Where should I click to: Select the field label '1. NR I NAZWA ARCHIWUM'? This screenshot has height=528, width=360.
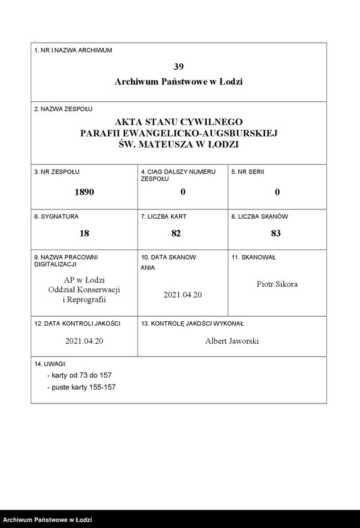pyautogui.click(x=73, y=50)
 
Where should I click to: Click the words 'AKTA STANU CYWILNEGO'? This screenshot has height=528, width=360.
pyautogui.click(x=178, y=121)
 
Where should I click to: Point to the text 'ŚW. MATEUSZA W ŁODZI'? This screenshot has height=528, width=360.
pyautogui.click(x=178, y=144)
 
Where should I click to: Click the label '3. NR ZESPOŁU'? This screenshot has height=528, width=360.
pyautogui.click(x=57, y=171)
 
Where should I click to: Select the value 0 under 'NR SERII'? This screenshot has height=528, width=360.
pyautogui.click(x=277, y=192)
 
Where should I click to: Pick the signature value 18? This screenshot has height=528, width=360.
pyautogui.click(x=84, y=233)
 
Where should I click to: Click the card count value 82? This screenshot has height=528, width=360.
pyautogui.click(x=176, y=233)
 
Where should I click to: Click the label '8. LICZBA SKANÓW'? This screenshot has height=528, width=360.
pyautogui.click(x=259, y=216)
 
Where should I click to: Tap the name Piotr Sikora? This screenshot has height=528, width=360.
pyautogui.click(x=277, y=284)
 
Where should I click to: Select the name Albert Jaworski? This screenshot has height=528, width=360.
pyautogui.click(x=232, y=341)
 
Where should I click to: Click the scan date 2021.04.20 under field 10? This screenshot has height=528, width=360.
pyautogui.click(x=182, y=294)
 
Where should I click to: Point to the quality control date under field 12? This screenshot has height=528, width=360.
pyautogui.click(x=84, y=341)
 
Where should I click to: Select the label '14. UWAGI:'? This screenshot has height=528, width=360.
pyautogui.click(x=51, y=364)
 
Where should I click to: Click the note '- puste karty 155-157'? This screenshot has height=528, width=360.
pyautogui.click(x=81, y=387)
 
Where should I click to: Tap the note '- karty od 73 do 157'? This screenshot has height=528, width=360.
pyautogui.click(x=80, y=375)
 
